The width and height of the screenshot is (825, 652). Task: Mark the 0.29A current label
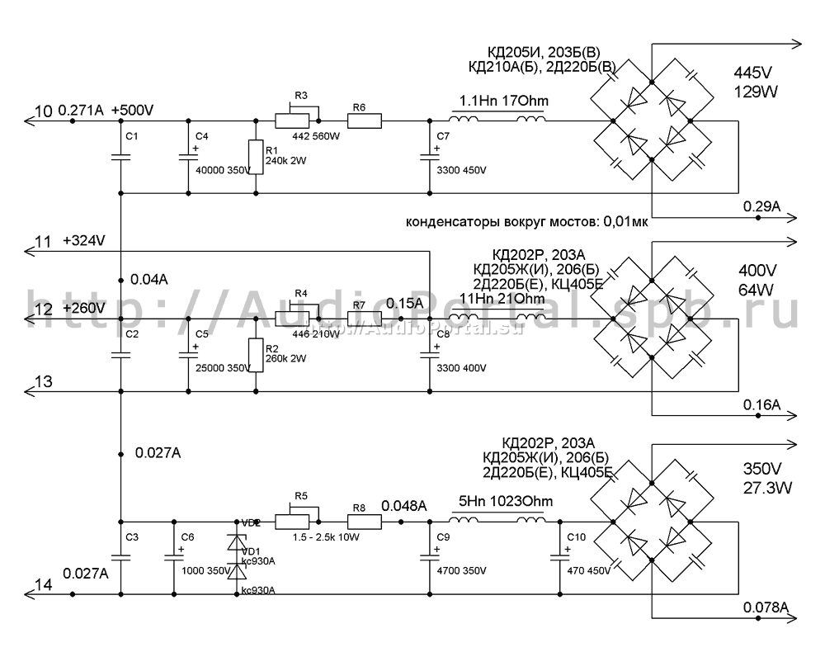click(x=761, y=206)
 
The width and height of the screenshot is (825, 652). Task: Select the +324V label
click(x=85, y=242)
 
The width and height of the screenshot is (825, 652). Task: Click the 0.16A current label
click(x=761, y=404)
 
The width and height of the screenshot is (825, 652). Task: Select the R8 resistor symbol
click(x=364, y=522)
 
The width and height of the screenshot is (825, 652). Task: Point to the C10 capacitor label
click(x=577, y=536)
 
